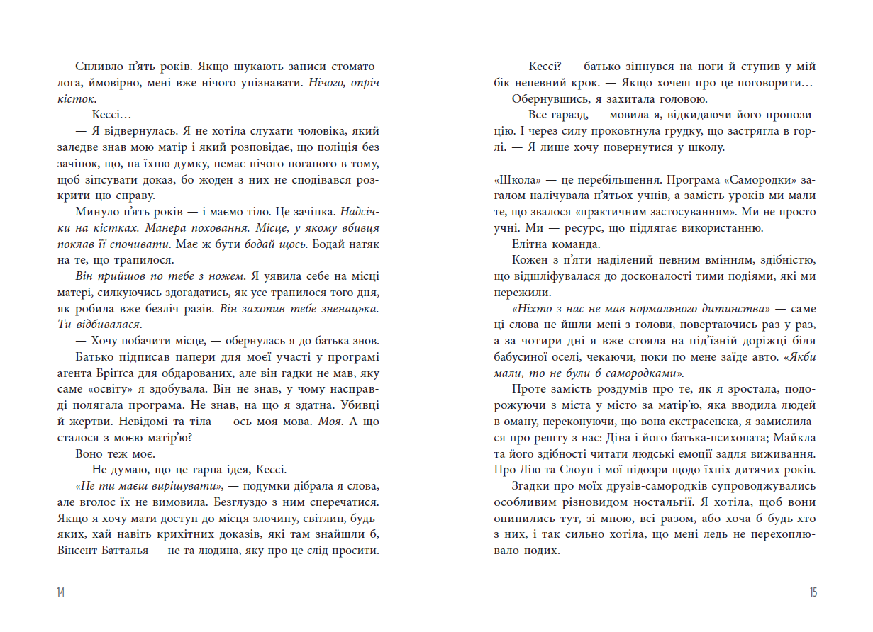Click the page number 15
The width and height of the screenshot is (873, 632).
pos(812,593)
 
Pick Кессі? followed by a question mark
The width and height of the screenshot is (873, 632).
pos(547,67)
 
